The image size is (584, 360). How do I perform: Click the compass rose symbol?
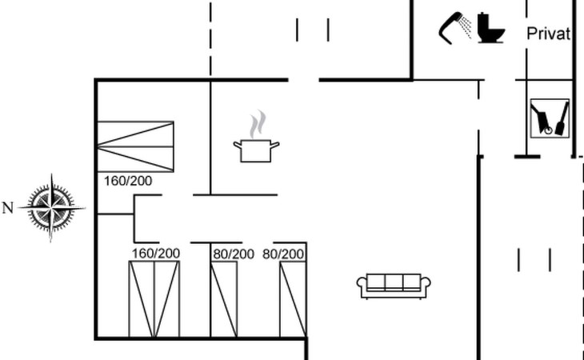tap(52, 207)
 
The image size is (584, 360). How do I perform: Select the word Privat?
tap(548, 34)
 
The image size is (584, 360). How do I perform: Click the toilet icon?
tap(491, 28)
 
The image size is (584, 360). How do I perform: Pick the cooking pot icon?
tap(256, 150)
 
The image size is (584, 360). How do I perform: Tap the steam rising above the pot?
tap(256, 126)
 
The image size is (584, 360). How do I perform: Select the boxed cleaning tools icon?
tap(551, 118)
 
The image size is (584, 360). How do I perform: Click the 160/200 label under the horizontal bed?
tap(128, 181)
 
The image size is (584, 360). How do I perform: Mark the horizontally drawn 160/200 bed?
tap(135, 146)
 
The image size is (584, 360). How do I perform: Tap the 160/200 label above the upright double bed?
tap(156, 254)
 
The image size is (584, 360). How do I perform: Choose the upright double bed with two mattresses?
tap(154, 299)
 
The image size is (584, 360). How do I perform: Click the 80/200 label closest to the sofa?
tap(284, 254)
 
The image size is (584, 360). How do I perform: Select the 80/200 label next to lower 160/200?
tap(234, 254)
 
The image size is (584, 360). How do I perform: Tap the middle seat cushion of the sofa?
tap(393, 282)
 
